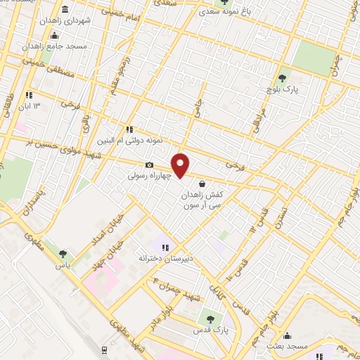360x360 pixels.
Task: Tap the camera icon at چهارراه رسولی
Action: (149, 165)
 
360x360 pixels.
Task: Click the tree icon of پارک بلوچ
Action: (283, 78)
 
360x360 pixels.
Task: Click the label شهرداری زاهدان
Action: (86, 20)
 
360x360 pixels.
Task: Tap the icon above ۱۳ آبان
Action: (29, 95)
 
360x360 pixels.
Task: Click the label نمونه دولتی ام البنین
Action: (129, 141)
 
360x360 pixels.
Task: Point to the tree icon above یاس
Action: (64, 254)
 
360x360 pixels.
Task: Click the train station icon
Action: (104, 349)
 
